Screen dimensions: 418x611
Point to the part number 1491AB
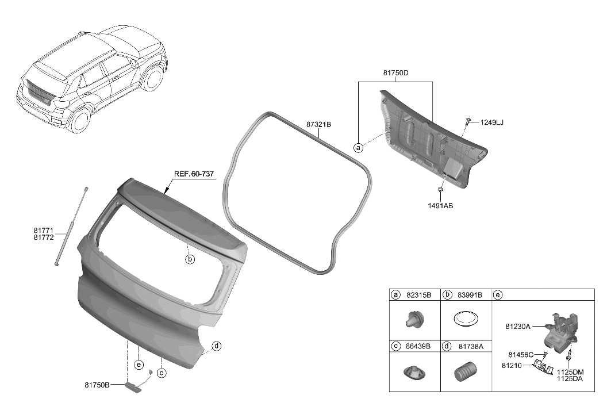tap(440, 205)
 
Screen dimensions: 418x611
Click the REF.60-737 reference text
tap(194, 174)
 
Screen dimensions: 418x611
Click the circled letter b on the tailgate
tap(190, 259)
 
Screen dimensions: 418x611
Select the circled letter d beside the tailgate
tap(216, 346)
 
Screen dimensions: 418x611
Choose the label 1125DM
tap(570, 373)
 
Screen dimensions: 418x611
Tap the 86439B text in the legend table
tap(418, 346)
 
